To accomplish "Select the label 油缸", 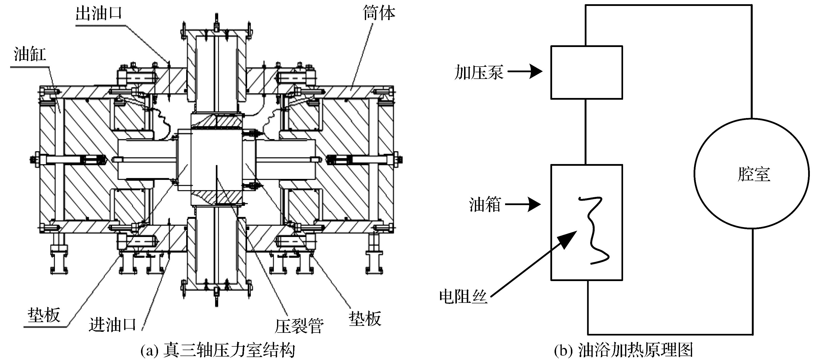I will pos(30,54).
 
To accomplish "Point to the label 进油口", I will pos(112,324).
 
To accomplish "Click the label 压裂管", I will pos(299,326).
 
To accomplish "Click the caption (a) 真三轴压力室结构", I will pos(218,351).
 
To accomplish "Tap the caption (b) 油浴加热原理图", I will pos(623,351).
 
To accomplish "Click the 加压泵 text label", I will pos(479,72).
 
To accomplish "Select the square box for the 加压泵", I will pos(586,72).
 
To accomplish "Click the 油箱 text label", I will pos(485,204).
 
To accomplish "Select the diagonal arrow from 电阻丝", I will pos(534,264).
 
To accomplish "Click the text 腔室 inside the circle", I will pos(753,174).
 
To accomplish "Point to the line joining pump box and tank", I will pos(586,132).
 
